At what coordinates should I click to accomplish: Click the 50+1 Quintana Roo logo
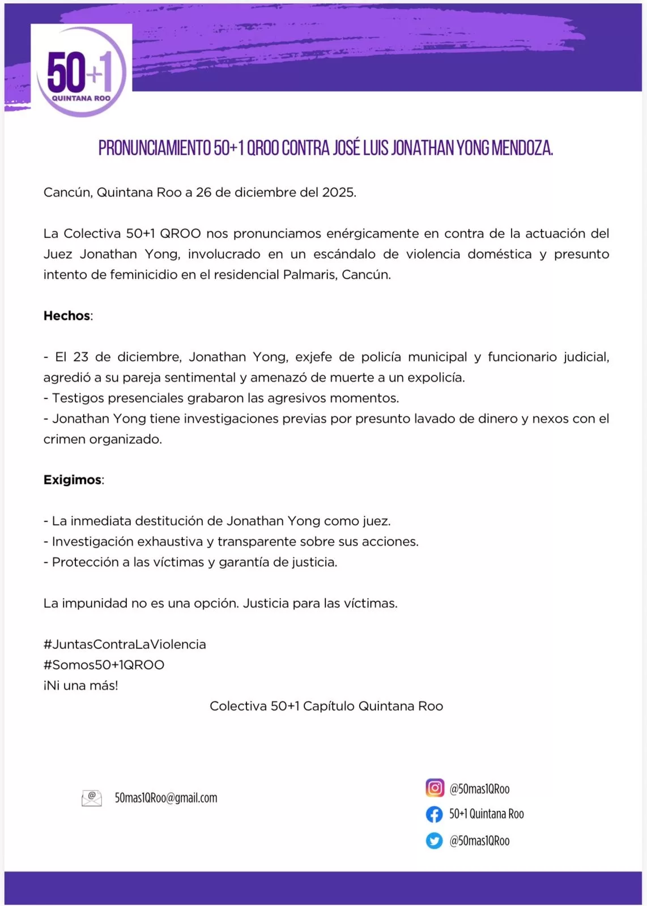point(81,71)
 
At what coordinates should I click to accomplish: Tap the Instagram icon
point(435,788)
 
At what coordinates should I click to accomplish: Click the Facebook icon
point(435,814)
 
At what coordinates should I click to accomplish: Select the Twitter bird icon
point(435,841)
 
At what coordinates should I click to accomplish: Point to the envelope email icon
point(92,798)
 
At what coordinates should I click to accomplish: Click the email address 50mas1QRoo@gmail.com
point(166,798)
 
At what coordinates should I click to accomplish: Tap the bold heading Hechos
point(67,316)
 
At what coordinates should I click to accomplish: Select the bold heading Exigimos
point(73,480)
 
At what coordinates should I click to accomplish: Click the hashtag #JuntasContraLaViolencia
point(125,644)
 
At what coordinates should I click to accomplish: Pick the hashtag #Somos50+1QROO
point(104,665)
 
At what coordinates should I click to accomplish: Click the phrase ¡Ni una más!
point(81,686)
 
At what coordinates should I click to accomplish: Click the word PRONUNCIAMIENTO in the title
point(154,148)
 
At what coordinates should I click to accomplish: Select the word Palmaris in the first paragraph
point(309,275)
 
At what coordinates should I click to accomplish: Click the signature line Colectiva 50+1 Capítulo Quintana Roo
point(326,706)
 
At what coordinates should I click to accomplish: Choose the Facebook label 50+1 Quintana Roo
point(486,814)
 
